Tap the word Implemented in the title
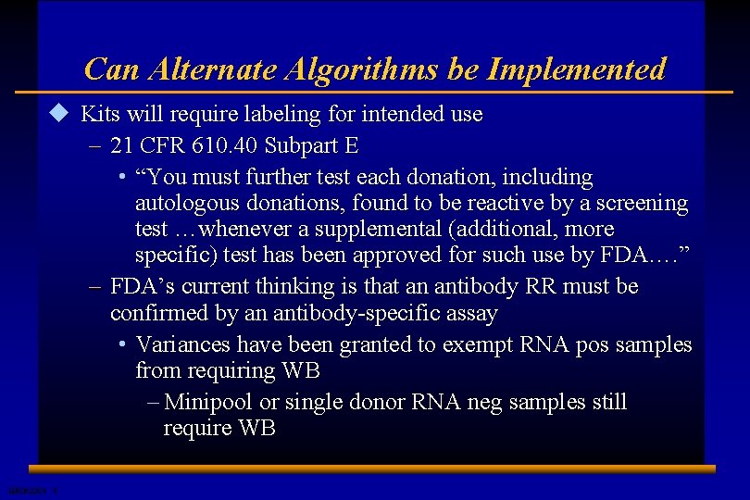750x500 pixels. pyautogui.click(x=576, y=69)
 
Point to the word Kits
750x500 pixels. pyautogui.click(x=100, y=115)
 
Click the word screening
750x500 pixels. pyautogui.click(x=642, y=203)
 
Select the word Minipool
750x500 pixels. pyautogui.click(x=209, y=402)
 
